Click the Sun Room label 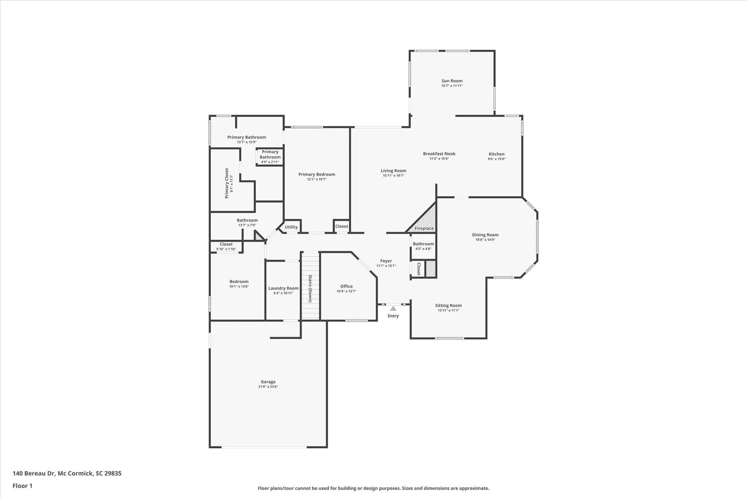pyautogui.click(x=452, y=81)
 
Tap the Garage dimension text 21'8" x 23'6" pyautogui.click(x=268, y=387)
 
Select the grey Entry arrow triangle pyautogui.click(x=393, y=309)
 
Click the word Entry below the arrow pyautogui.click(x=393, y=316)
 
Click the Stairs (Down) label pyautogui.click(x=310, y=288)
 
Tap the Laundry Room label pyautogui.click(x=283, y=288)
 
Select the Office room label pyautogui.click(x=346, y=286)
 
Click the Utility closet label pyautogui.click(x=291, y=227)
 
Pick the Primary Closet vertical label pyautogui.click(x=227, y=183)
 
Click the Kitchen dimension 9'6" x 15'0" pyautogui.click(x=496, y=159)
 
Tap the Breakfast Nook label pyautogui.click(x=439, y=154)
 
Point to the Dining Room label pyautogui.click(x=485, y=235)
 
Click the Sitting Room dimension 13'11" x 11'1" pyautogui.click(x=448, y=310)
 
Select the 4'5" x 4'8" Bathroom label pyautogui.click(x=423, y=244)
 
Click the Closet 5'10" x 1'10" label pyautogui.click(x=226, y=244)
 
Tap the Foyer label pyautogui.click(x=386, y=261)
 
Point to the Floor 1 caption pyautogui.click(x=22, y=486)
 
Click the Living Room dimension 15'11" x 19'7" pyautogui.click(x=393, y=176)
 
